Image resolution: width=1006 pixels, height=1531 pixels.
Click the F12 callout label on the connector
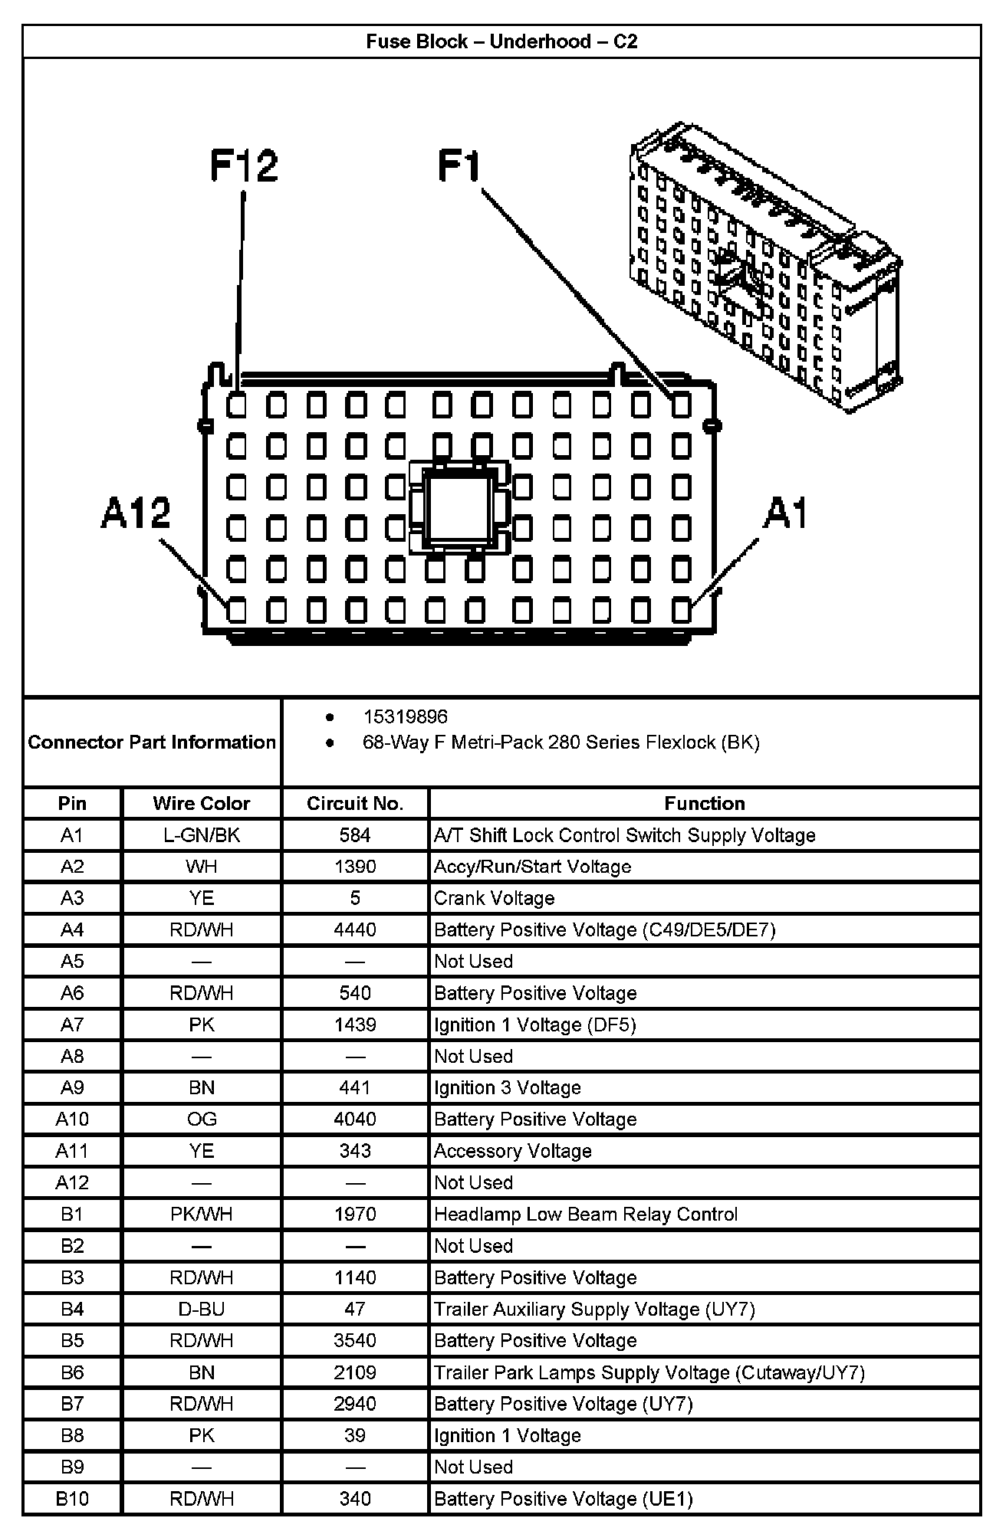tap(244, 166)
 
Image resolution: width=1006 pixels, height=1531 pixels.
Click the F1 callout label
tap(459, 166)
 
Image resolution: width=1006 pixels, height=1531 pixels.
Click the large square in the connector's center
tap(459, 507)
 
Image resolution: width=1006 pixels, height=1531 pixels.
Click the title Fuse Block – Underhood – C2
tap(501, 41)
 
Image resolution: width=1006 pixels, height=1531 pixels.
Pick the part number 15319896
tap(405, 716)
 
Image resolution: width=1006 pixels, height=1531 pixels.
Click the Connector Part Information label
tap(152, 742)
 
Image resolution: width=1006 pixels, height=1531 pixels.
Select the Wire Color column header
tap(202, 803)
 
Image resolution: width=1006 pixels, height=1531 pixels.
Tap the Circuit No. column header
tap(355, 803)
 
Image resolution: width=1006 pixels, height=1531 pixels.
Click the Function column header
tap(704, 803)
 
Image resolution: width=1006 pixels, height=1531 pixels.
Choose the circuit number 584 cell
tap(355, 835)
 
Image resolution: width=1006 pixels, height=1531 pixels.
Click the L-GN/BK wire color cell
tap(202, 835)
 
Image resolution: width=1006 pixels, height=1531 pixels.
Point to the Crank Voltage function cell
tap(495, 898)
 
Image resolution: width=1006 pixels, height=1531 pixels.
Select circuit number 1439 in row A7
tap(355, 1024)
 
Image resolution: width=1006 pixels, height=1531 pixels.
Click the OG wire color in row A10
tap(202, 1120)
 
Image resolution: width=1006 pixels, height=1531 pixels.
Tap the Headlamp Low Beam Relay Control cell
tap(586, 1215)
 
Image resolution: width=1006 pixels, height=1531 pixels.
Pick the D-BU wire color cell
tap(202, 1310)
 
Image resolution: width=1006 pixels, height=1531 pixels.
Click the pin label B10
tap(72, 1499)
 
